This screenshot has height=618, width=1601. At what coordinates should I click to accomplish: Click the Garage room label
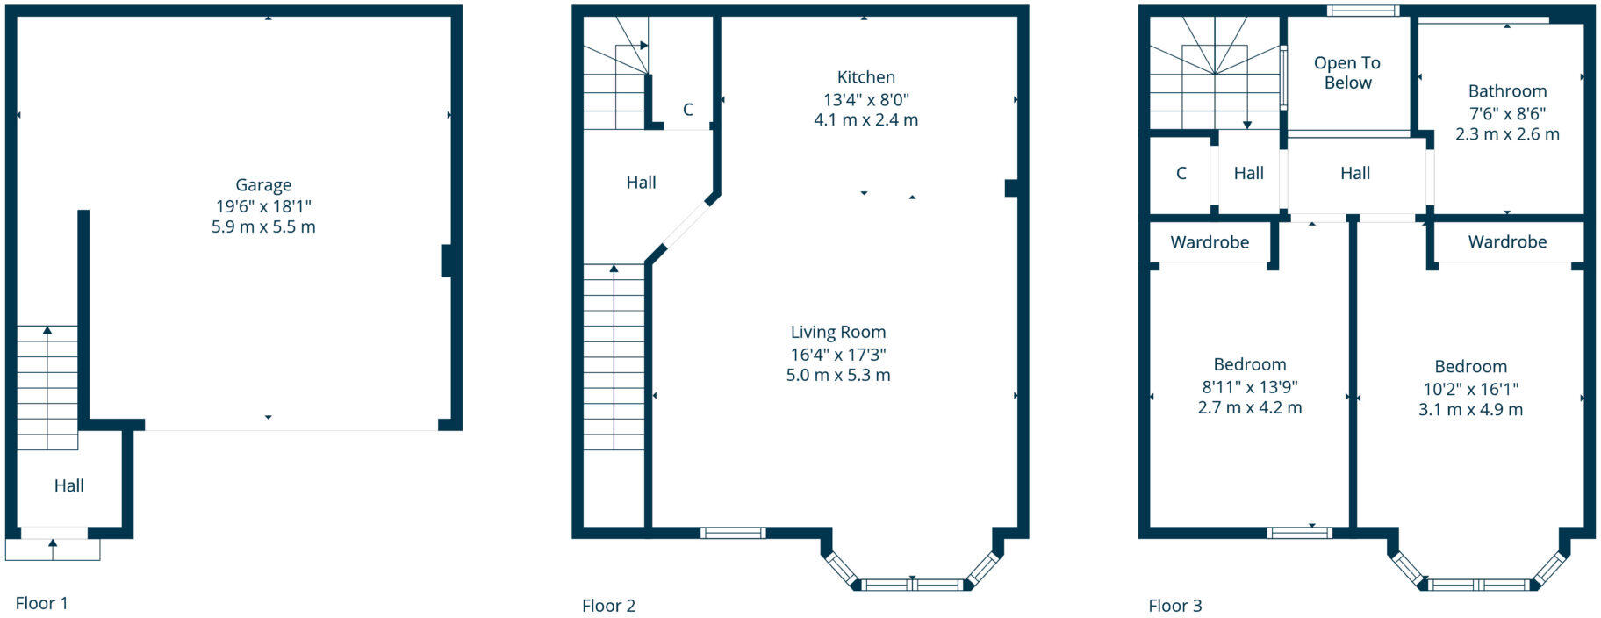click(x=263, y=185)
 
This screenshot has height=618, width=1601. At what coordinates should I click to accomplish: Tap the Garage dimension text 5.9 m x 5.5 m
click(x=263, y=226)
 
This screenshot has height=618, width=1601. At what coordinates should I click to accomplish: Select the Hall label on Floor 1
click(x=69, y=485)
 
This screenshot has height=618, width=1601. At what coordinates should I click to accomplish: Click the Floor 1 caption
click(x=41, y=603)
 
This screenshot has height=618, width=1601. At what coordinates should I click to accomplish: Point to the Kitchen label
click(x=865, y=77)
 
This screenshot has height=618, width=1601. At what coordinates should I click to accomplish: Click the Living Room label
click(x=838, y=332)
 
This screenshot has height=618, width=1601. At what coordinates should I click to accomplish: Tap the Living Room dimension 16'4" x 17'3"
click(x=838, y=355)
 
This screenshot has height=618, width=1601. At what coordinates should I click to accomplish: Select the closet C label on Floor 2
click(x=688, y=110)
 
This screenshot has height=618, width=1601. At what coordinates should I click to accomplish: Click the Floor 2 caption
click(x=608, y=606)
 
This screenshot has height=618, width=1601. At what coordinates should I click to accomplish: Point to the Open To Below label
click(x=1347, y=73)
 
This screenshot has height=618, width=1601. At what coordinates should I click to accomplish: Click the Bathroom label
click(x=1507, y=91)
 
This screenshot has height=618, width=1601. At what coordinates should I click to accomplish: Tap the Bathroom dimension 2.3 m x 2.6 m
click(x=1507, y=134)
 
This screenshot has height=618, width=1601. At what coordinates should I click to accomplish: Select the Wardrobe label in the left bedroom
click(x=1210, y=242)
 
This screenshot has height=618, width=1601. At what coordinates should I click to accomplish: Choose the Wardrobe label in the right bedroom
click(x=1507, y=241)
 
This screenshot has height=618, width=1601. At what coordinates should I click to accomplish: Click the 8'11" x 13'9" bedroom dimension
click(x=1250, y=386)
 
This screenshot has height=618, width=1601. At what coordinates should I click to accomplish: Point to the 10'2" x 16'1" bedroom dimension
click(x=1470, y=389)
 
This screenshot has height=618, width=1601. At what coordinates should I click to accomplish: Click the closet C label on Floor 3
click(x=1181, y=174)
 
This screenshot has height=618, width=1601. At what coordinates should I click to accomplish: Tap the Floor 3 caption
click(x=1174, y=606)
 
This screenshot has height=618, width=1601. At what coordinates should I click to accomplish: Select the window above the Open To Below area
click(x=1363, y=11)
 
